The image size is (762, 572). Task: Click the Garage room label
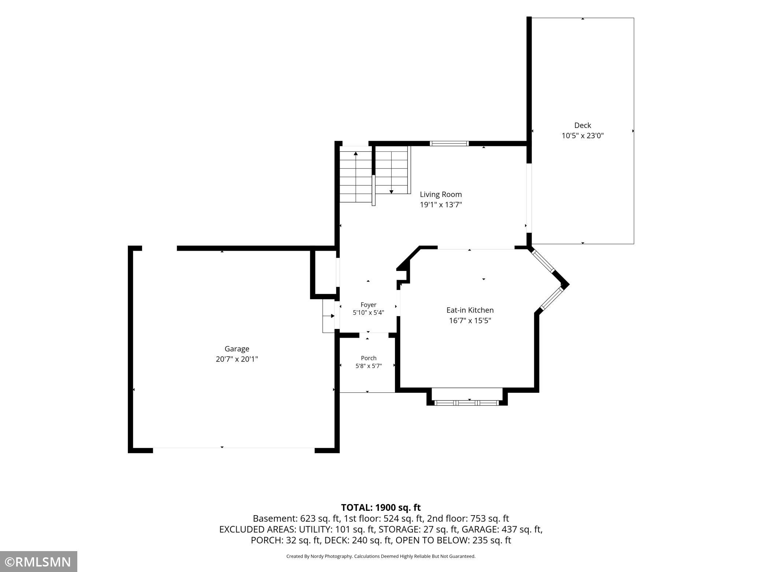237,349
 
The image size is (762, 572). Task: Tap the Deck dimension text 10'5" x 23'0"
582,136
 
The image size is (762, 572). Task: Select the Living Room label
441,194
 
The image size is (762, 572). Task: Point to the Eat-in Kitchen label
470,310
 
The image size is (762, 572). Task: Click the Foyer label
369,305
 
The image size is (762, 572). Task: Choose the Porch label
369,358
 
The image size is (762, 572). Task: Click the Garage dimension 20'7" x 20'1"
237,359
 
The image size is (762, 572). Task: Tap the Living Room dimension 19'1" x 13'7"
441,205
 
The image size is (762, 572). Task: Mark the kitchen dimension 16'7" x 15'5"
470,321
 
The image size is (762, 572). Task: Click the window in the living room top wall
449,143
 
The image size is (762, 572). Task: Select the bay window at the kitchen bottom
467,403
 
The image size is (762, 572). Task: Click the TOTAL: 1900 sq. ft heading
381,507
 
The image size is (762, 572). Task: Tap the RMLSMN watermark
38,562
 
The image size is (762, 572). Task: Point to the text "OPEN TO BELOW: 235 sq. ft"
453,540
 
